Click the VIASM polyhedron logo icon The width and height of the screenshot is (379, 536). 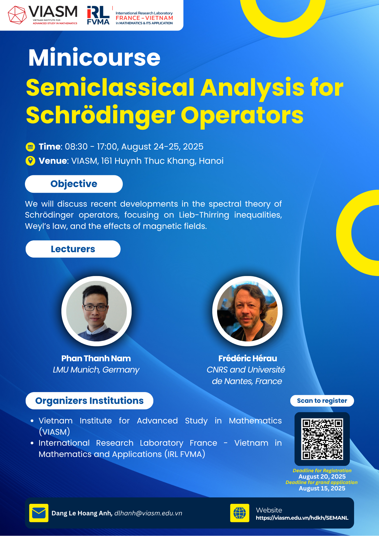tap(17, 15)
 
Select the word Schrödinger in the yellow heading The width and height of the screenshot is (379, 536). tap(101, 116)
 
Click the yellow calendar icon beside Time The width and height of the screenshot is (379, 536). tap(30, 147)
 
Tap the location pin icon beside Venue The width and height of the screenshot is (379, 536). tap(30, 161)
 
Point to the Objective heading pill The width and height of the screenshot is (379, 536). tap(74, 184)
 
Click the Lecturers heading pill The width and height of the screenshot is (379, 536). tap(73, 249)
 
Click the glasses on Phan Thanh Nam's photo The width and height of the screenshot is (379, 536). tap(95, 308)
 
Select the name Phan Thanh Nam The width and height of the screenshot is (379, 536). tap(96, 358)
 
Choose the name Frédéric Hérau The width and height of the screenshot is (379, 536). tap(248, 358)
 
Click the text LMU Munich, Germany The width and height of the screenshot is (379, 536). tap(96, 370)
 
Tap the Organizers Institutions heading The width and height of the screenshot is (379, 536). tap(89, 401)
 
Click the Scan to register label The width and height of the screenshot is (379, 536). tap(322, 401)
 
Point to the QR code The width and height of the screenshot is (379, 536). tap(322, 439)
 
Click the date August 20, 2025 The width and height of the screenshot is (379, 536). tap(322, 477)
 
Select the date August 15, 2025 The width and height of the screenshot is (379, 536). tap(322, 488)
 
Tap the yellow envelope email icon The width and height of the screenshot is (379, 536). tap(39, 513)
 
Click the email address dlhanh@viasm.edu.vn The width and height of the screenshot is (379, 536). tap(148, 513)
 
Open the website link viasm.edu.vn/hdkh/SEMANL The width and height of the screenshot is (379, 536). tap(302, 518)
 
